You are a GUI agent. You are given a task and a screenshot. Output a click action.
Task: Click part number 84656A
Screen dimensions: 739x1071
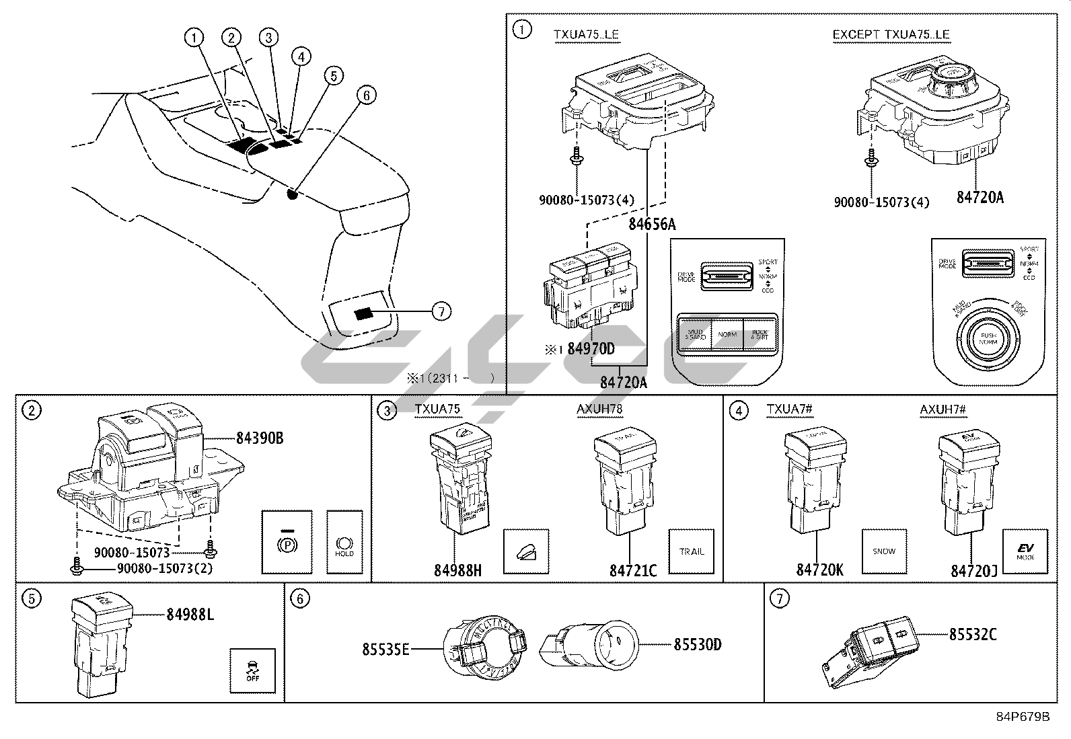(x=652, y=224)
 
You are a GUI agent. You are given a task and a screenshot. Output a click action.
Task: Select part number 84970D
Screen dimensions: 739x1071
(x=591, y=349)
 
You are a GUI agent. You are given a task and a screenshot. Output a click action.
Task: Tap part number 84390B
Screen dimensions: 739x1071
(x=259, y=438)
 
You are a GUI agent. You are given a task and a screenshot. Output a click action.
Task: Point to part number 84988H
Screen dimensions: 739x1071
(x=457, y=570)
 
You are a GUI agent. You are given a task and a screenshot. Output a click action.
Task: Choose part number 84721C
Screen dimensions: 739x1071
(x=632, y=570)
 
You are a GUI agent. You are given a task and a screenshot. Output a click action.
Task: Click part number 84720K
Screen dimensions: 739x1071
(x=819, y=570)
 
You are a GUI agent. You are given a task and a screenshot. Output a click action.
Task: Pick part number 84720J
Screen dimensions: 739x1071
(x=973, y=570)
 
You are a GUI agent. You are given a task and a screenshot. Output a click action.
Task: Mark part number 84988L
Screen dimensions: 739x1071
(x=190, y=614)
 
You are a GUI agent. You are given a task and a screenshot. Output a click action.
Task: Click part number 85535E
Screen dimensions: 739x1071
(x=385, y=649)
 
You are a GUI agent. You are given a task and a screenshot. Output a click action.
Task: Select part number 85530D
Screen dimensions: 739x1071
(x=698, y=645)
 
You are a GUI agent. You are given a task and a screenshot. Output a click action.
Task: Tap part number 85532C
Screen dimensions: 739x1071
(x=973, y=633)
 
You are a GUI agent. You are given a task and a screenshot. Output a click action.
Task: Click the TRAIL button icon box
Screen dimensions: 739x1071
(x=691, y=551)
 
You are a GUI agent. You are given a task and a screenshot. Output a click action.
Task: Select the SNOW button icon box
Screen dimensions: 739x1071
(x=884, y=551)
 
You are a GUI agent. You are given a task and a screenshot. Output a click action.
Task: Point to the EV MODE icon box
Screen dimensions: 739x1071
(x=1025, y=551)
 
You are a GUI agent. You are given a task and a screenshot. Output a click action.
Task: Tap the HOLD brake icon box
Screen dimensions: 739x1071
(x=344, y=542)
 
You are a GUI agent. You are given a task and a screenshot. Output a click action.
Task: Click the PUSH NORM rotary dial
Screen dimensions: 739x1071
(x=988, y=338)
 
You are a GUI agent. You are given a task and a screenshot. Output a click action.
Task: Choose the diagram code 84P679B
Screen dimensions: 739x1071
(x=1023, y=717)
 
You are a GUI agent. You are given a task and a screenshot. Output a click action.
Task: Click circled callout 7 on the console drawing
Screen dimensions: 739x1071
(x=441, y=311)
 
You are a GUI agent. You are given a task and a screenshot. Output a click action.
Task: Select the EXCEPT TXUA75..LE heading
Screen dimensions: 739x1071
(x=891, y=34)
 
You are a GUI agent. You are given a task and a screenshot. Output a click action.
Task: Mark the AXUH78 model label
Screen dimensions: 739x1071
(x=599, y=409)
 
